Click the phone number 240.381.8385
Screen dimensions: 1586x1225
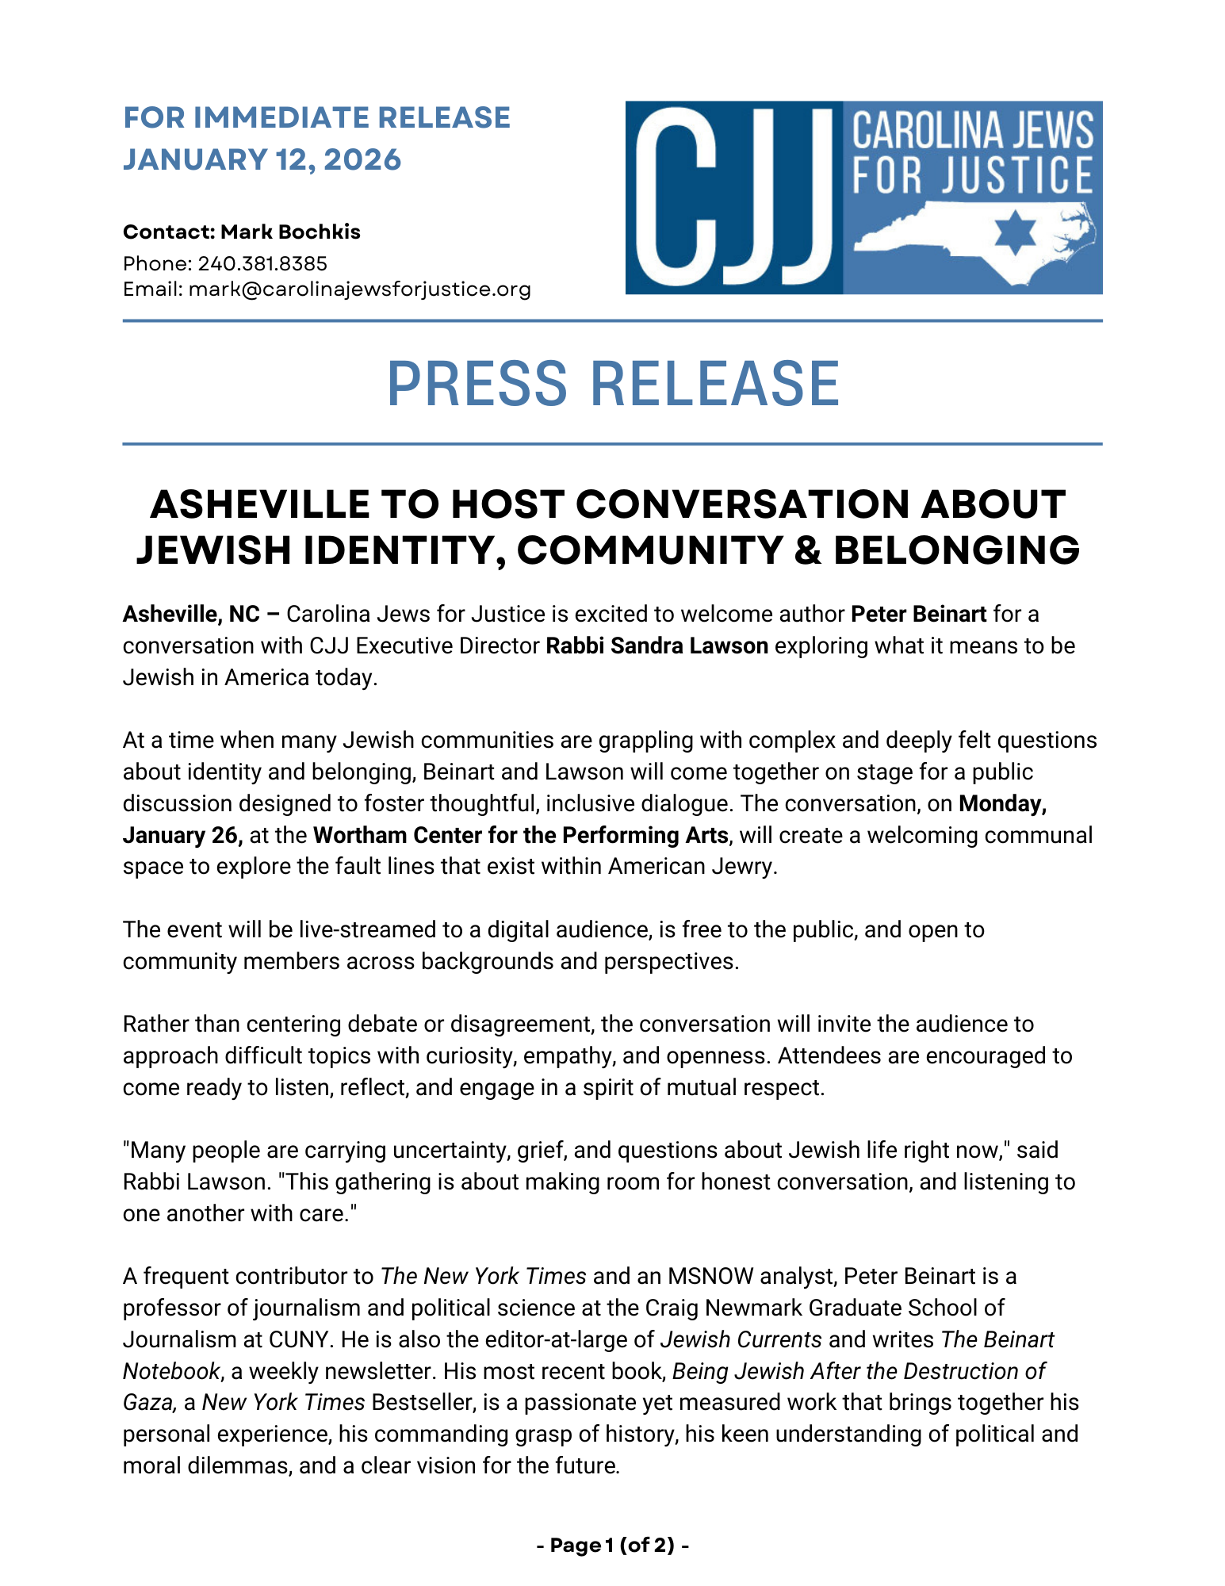[262, 263]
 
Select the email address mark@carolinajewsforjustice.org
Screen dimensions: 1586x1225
[360, 289]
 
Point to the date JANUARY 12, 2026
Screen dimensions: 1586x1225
[262, 160]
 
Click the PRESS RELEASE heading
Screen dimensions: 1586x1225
[612, 385]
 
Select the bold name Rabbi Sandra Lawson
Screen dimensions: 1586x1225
[657, 646]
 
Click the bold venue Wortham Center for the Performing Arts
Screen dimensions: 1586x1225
[520, 835]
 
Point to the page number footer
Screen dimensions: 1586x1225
[612, 1545]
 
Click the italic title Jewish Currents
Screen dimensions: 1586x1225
[741, 1339]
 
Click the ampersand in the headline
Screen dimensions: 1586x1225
[806, 550]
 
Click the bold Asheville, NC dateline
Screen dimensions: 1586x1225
[191, 614]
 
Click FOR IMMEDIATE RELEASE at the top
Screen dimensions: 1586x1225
[316, 117]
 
